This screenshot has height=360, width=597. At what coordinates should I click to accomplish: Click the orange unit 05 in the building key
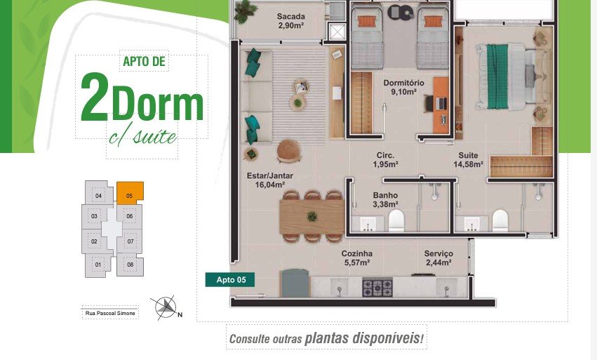point(130,193)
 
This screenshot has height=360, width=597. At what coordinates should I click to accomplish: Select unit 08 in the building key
point(130,265)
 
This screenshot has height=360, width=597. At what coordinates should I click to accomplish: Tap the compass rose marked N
point(166,307)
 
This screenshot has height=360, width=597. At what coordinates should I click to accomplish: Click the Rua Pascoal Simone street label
point(110,313)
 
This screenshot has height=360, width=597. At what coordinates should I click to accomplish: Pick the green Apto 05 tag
point(230,279)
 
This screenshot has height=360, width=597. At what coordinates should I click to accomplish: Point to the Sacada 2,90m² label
point(290,21)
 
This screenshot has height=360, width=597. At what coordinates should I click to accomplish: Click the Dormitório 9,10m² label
point(403,87)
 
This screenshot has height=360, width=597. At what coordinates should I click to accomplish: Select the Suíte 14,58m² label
point(469,159)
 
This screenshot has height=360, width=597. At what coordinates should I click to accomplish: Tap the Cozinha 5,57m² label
point(357,258)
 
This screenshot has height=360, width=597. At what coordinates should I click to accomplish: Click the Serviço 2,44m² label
point(438,258)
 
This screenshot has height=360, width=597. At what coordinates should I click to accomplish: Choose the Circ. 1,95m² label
point(386,159)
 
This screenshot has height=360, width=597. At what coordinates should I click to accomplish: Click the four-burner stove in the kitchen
point(377,288)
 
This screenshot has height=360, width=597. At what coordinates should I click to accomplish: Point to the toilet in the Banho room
point(396,220)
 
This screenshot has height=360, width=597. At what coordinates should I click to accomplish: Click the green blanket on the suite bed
point(497,76)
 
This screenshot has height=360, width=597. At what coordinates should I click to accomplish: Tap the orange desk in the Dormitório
point(441,105)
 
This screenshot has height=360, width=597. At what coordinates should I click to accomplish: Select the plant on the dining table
point(312,217)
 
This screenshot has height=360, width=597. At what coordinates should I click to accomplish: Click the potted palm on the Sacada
point(243,11)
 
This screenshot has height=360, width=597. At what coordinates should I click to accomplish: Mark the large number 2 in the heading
point(95,97)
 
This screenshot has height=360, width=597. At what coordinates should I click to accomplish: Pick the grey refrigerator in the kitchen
point(295,283)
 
